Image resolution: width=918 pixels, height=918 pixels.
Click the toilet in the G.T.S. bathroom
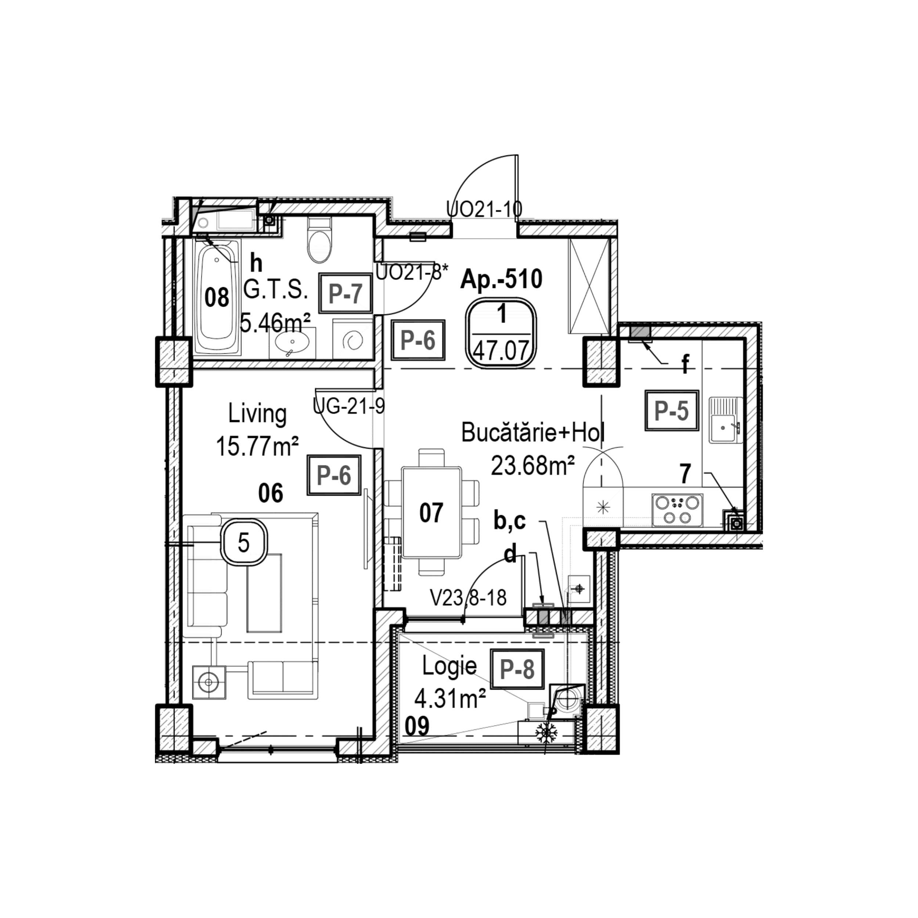point(318,240)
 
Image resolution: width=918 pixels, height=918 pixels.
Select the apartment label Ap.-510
point(501,279)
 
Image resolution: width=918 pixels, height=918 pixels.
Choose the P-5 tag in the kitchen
point(671,411)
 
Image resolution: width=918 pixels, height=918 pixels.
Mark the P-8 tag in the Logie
point(517,670)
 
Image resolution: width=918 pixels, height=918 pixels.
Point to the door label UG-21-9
point(349,406)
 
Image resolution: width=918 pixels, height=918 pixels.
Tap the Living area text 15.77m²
point(257,447)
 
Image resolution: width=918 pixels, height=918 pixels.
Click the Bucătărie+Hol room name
point(533,433)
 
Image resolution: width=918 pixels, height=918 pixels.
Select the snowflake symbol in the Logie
point(546,733)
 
